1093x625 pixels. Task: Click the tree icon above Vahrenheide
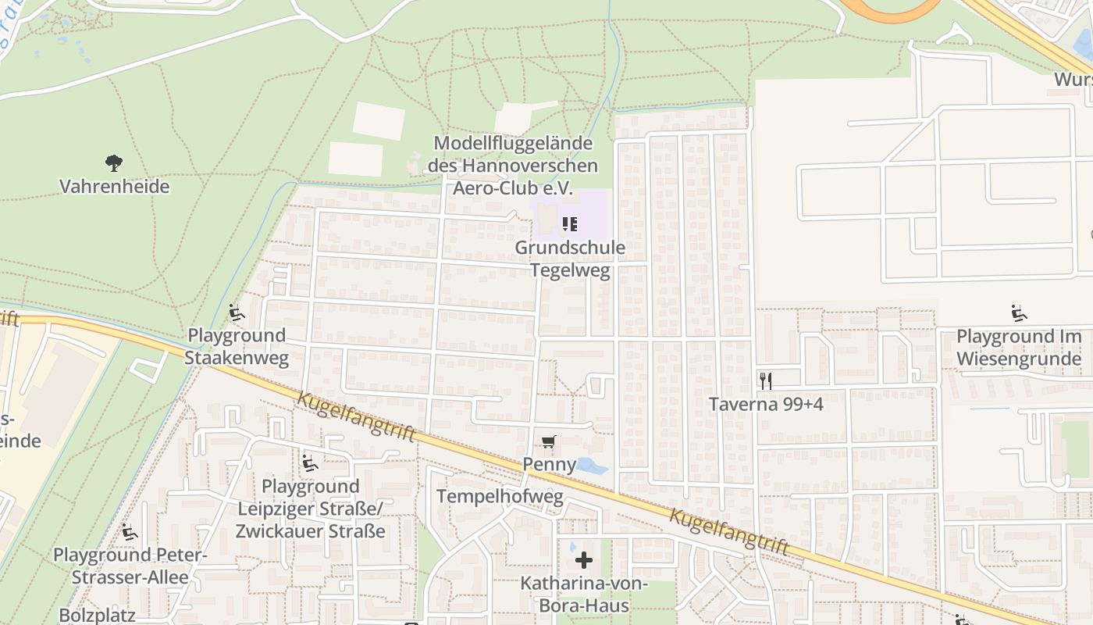(x=114, y=163)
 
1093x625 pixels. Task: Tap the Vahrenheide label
(x=114, y=187)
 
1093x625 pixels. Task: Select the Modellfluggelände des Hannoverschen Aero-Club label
(x=513, y=166)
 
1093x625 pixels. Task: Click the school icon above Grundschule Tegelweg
(x=570, y=225)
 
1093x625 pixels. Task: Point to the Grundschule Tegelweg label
(x=570, y=259)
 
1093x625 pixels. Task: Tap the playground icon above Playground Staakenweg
(x=237, y=314)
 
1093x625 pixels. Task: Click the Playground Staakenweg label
(x=237, y=347)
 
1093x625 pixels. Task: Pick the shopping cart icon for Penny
(x=549, y=443)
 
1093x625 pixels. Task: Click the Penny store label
(x=549, y=464)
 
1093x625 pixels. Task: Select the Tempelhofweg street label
(x=500, y=497)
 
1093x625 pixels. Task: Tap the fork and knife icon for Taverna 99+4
(x=766, y=381)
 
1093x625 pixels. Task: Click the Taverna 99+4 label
(x=766, y=404)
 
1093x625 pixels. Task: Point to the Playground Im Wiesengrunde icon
(x=1019, y=314)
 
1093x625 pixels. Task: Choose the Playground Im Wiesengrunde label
(x=1019, y=347)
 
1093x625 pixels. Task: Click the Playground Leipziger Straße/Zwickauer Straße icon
(x=310, y=463)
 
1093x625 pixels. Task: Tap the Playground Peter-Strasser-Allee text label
(x=130, y=566)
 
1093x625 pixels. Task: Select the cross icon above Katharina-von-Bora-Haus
(x=584, y=559)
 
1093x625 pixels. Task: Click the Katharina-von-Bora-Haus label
(x=584, y=594)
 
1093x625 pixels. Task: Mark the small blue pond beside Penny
(x=591, y=467)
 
